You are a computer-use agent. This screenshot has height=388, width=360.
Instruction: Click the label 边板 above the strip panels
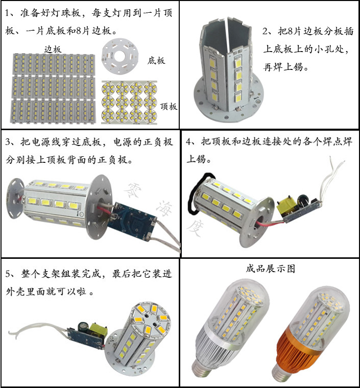pyautogui.click(x=53, y=50)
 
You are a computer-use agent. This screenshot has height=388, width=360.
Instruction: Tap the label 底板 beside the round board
pyautogui.click(x=156, y=61)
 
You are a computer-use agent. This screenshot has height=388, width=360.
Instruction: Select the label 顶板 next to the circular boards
pyautogui.click(x=169, y=106)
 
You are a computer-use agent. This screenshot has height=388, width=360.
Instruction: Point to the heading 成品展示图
pyautogui.click(x=271, y=268)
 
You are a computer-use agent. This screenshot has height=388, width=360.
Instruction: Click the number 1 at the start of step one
pyautogui.click(x=8, y=13)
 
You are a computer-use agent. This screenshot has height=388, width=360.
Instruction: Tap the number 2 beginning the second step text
pyautogui.click(x=266, y=32)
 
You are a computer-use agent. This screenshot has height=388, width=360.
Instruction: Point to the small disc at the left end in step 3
pyautogui.click(x=15, y=199)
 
